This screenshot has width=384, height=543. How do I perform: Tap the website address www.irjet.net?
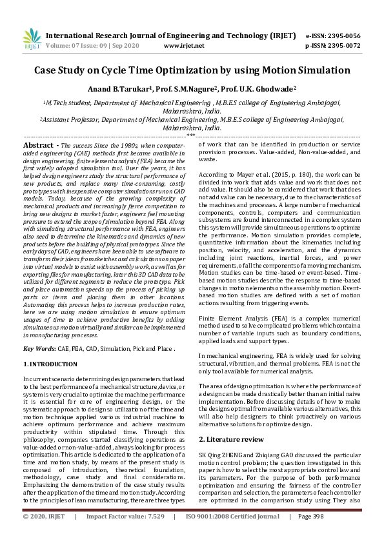coord(185,46)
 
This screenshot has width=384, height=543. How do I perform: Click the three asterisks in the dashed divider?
coord(192,136)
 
